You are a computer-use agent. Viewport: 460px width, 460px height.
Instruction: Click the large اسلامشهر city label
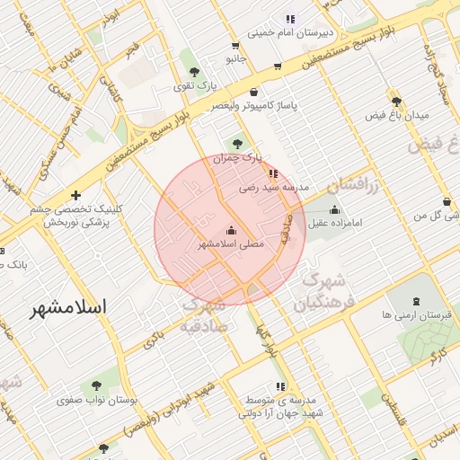tap(68, 307)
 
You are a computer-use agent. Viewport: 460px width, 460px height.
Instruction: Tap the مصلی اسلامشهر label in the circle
tap(231, 244)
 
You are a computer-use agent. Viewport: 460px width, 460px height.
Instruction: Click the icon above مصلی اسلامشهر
tap(231, 230)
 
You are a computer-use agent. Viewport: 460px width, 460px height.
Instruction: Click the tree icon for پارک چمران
tap(237, 143)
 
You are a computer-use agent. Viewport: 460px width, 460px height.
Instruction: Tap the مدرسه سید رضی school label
tap(273, 189)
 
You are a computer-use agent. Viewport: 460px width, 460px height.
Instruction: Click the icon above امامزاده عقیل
tap(335, 208)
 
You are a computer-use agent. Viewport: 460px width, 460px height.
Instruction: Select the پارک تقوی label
tap(194, 86)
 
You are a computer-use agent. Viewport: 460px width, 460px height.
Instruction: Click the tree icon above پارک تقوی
tap(194, 71)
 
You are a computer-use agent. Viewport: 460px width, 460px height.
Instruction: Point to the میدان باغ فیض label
tap(397, 115)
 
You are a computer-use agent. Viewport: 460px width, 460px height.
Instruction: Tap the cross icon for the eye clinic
tap(75, 194)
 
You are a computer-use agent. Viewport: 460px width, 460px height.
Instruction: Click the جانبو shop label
tap(235, 58)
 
